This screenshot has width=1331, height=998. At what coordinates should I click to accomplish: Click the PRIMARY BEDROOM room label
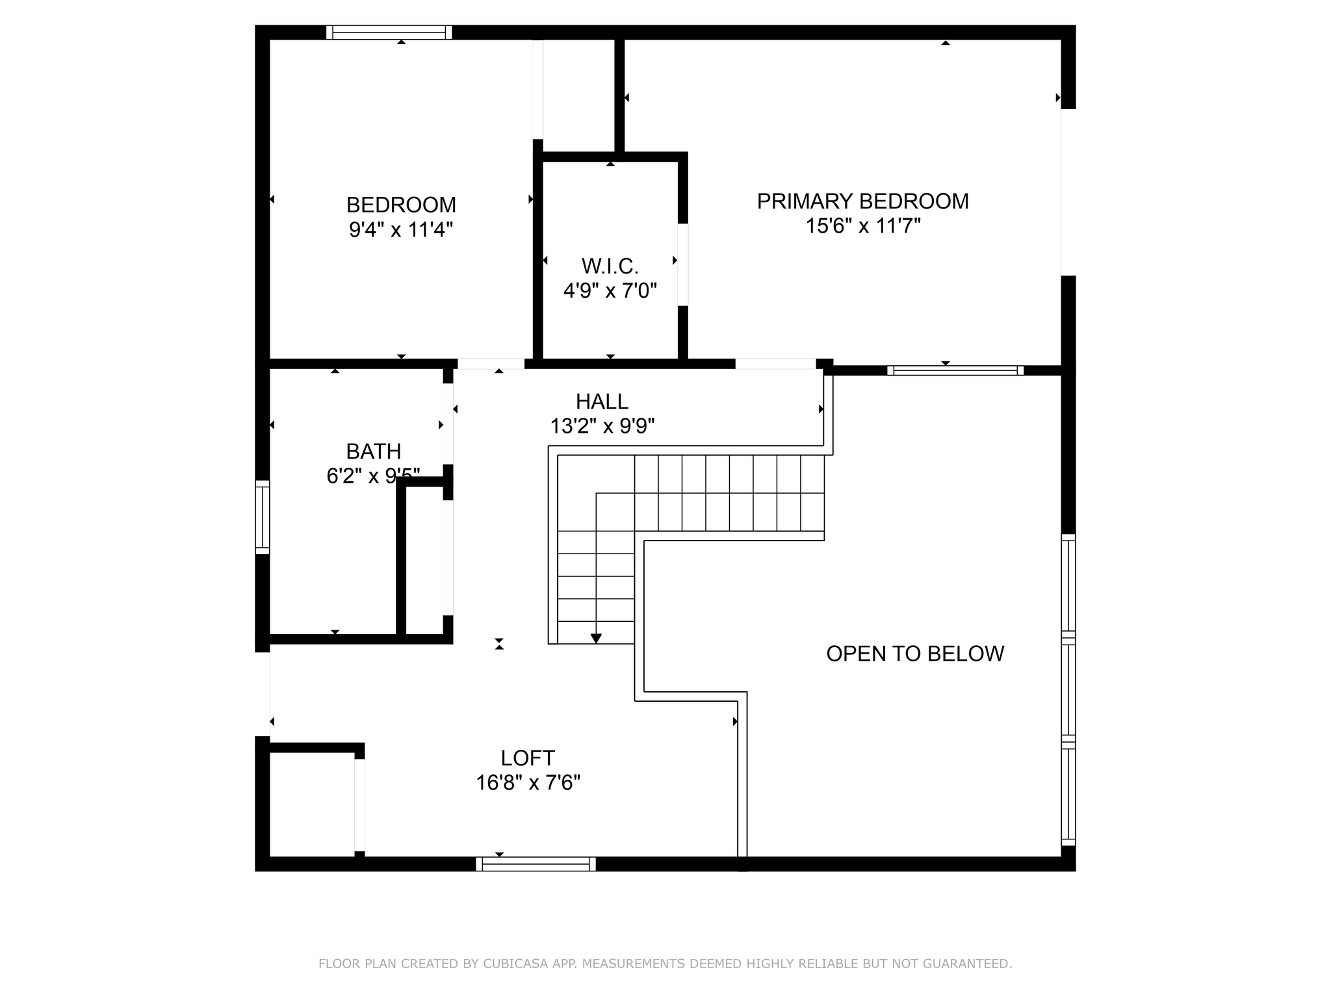862,201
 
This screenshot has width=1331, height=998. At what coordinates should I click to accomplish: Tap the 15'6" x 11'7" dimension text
863,226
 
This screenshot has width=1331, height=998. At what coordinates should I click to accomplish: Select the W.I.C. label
610,266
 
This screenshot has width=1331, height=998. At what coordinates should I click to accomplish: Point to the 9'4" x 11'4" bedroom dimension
401,229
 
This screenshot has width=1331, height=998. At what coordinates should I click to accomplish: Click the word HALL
602,402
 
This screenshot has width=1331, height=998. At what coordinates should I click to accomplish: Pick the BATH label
374,451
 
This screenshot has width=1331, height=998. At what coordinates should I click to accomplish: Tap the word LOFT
528,758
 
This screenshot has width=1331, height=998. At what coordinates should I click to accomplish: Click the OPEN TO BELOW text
915,654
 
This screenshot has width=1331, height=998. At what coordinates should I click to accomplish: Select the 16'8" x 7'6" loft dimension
528,783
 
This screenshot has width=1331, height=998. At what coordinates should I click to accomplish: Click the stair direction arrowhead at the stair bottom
596,639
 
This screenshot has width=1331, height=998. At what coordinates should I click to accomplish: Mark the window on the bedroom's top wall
389,32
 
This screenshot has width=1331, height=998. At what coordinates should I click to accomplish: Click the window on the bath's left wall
262,517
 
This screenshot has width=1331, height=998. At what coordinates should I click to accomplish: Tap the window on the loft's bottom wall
536,864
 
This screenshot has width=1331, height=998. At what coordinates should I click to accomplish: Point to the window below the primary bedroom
955,370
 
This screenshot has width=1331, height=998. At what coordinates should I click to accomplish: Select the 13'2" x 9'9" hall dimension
602,426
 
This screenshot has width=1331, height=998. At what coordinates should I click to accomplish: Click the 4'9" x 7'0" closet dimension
610,290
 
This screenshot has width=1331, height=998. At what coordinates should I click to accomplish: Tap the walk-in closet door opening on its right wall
683,264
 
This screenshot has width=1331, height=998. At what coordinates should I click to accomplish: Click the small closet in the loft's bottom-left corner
312,804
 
